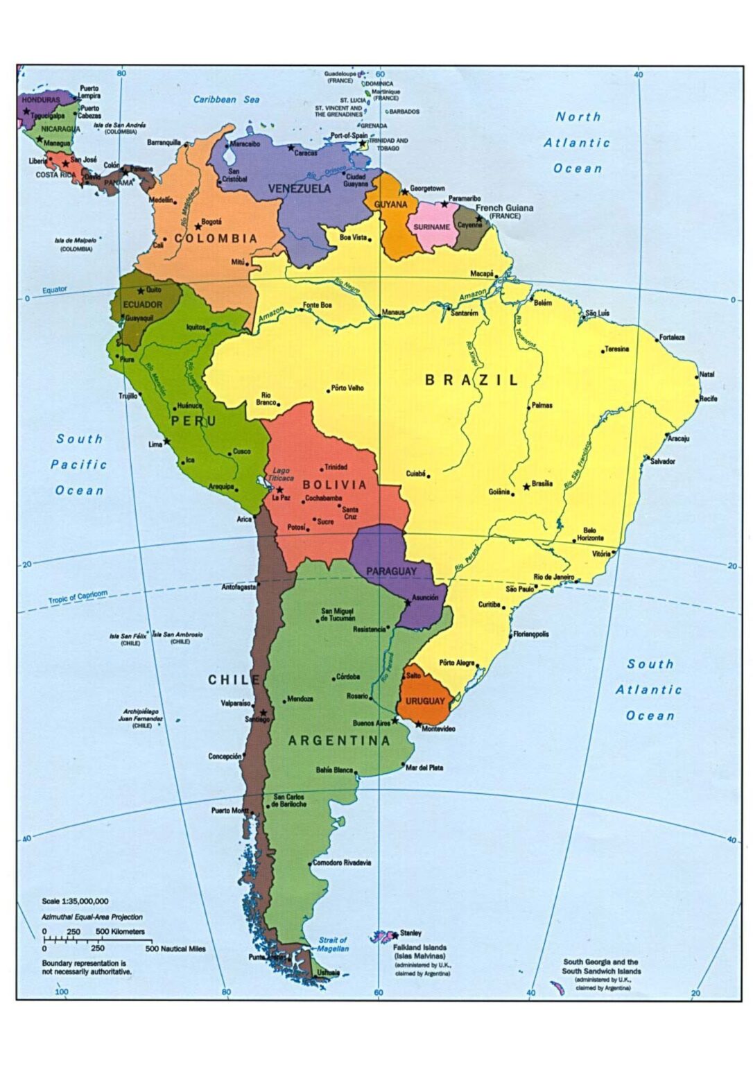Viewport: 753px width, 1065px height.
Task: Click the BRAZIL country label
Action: (471, 380)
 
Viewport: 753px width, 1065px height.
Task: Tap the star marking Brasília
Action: (526, 487)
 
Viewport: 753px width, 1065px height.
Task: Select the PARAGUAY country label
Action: (391, 571)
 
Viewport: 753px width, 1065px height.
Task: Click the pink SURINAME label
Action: (431, 227)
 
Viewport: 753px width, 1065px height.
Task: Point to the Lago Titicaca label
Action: (282, 474)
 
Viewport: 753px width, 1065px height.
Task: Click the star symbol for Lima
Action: (167, 441)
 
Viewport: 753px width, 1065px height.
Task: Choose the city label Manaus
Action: (393, 313)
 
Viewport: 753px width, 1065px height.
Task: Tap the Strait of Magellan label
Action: (333, 944)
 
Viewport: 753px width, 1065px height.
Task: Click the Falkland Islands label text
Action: (419, 947)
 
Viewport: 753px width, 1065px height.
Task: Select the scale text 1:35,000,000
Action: (75, 901)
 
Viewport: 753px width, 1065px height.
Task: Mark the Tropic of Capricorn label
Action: (78, 597)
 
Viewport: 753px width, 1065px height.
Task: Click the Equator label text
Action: (55, 290)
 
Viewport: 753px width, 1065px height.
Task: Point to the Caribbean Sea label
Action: (226, 100)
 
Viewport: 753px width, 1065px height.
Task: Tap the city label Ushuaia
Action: (328, 973)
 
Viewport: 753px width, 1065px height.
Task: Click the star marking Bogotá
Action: (198, 227)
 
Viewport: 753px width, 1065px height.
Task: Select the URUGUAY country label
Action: (425, 701)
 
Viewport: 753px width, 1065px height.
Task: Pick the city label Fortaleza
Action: (672, 338)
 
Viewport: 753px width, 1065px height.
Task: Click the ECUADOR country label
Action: (142, 304)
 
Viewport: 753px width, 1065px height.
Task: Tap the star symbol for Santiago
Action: (263, 712)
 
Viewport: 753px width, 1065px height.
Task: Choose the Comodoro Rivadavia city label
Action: (342, 863)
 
